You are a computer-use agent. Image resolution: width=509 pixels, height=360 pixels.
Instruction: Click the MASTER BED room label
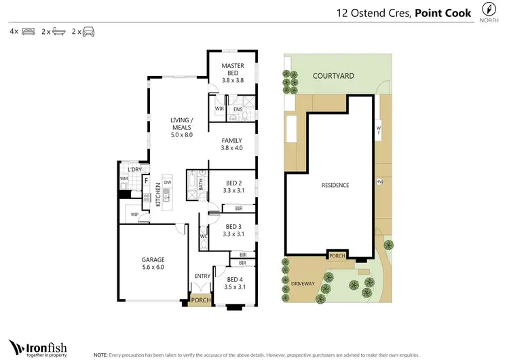(x=233, y=66)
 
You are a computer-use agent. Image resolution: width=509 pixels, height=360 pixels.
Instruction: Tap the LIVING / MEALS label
(x=181, y=124)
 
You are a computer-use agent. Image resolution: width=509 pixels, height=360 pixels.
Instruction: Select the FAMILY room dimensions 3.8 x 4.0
(x=233, y=148)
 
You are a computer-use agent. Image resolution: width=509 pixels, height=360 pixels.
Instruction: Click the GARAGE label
(x=153, y=259)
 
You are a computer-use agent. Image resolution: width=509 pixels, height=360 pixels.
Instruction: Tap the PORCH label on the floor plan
(x=200, y=300)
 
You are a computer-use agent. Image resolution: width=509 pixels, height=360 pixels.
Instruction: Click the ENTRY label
(x=202, y=276)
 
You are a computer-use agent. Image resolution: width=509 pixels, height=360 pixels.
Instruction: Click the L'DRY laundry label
(x=134, y=169)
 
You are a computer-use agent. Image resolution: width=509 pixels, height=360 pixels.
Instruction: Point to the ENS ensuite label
(x=238, y=109)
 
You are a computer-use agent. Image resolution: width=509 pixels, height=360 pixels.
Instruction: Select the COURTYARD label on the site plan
(x=333, y=77)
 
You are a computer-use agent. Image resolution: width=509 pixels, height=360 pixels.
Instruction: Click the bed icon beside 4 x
(x=28, y=31)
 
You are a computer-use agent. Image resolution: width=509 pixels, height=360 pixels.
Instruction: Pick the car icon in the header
(x=90, y=31)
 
